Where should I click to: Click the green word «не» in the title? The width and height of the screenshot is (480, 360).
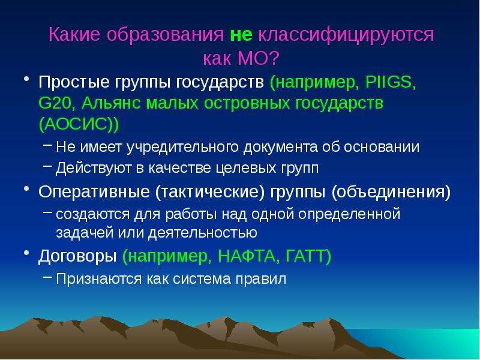coord(241,35)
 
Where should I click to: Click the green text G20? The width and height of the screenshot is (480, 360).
coord(55,103)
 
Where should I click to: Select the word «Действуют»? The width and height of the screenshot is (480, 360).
coord(94,169)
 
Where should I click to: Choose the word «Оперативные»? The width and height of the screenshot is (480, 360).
coord(94,192)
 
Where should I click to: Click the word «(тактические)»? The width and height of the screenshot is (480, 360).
coord(209,192)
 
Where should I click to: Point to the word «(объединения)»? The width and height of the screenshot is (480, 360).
coord(391,192)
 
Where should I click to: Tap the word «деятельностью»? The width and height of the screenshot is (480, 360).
coord(203,233)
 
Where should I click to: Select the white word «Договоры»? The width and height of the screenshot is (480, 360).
coord(77,257)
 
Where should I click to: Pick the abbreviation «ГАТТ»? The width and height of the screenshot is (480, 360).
coord(305,256)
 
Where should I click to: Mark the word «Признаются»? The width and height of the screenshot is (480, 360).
coord(98,279)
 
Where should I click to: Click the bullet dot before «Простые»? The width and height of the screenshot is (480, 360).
coord(26,79)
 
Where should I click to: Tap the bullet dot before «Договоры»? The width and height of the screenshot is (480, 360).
coord(26,253)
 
